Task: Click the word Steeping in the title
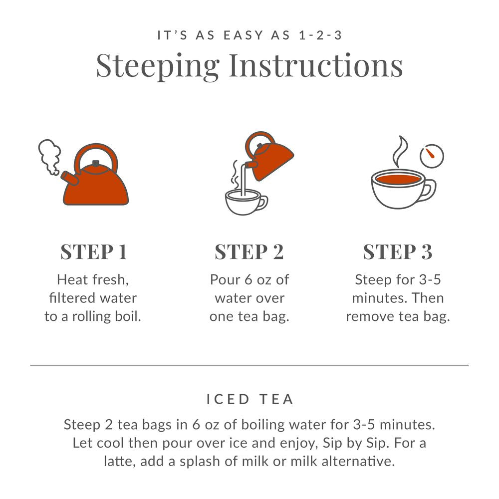[x=157, y=65]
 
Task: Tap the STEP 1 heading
[x=93, y=252]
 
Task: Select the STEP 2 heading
[x=249, y=252]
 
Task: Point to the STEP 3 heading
[x=397, y=252]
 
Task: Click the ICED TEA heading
[x=249, y=399]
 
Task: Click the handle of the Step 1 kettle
[x=97, y=155]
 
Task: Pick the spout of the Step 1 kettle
[x=67, y=177]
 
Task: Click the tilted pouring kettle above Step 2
[x=267, y=157]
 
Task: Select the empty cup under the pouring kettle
[x=245, y=202]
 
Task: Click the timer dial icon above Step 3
[x=432, y=156]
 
